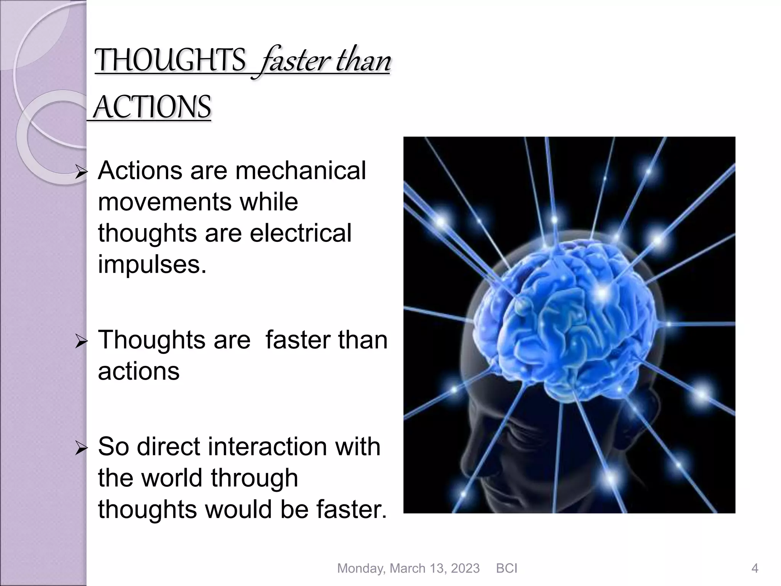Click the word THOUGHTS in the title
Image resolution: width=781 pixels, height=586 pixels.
[170, 61]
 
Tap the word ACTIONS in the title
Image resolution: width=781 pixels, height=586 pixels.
[152, 108]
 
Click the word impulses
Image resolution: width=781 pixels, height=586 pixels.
[152, 264]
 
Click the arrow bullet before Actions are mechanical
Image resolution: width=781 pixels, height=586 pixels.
[82, 173]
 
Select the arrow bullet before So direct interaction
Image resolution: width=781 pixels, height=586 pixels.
[82, 449]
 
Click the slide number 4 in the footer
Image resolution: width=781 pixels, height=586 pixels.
[754, 568]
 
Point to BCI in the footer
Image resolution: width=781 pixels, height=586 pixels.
[506, 568]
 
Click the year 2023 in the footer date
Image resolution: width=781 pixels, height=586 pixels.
[465, 568]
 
